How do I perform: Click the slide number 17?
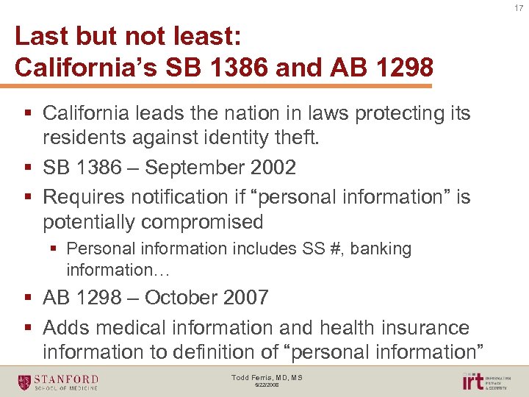pyautogui.click(x=519, y=9)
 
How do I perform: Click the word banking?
pyautogui.click(x=381, y=249)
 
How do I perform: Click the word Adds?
pyautogui.click(x=65, y=327)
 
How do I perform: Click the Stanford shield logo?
pyautogui.click(x=25, y=382)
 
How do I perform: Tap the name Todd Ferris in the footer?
pyautogui.click(x=248, y=378)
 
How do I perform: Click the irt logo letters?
pyautogui.click(x=472, y=382)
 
